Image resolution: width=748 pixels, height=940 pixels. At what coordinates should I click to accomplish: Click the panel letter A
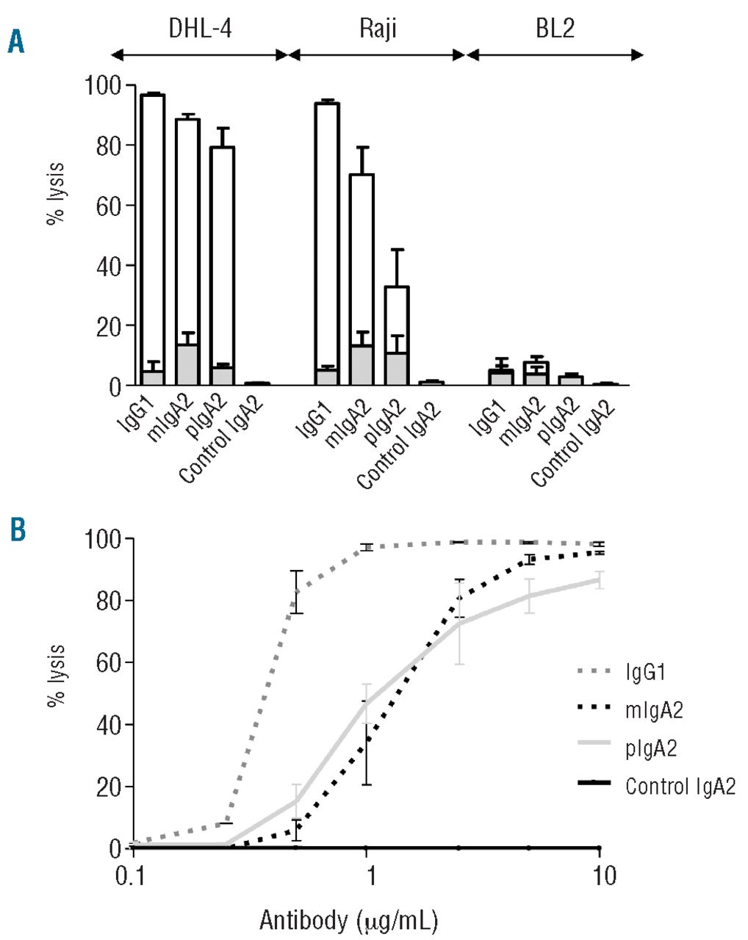coord(15,42)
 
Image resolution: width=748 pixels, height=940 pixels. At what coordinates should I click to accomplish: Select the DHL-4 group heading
coord(198,29)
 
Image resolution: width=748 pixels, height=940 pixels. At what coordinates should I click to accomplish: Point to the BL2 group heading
coord(555,29)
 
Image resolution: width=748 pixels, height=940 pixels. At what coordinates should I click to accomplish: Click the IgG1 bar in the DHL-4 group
coord(153,235)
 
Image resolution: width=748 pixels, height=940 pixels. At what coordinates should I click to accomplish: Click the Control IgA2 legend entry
coord(680,786)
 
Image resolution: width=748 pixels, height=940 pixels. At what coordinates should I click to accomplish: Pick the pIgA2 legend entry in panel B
coord(651,748)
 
